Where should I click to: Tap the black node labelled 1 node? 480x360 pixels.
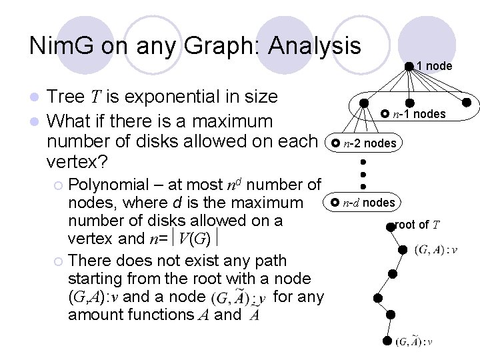pyautogui.click(x=409, y=65)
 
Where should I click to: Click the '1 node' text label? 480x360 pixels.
pyautogui.click(x=434, y=66)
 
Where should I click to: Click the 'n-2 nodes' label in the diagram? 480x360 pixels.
pyautogui.click(x=369, y=143)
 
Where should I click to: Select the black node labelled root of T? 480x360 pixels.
pyautogui.click(x=391, y=226)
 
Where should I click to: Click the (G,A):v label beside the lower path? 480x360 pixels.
pyautogui.click(x=435, y=250)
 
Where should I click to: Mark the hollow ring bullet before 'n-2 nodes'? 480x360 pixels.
pyautogui.click(x=336, y=143)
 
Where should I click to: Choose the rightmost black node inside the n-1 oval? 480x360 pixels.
pyautogui.click(x=468, y=103)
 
